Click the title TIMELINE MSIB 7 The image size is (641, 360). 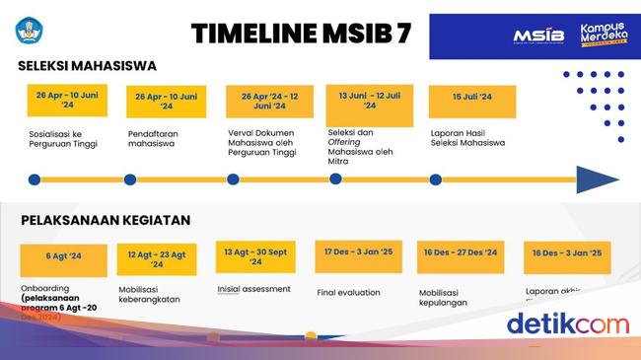(x=301, y=33)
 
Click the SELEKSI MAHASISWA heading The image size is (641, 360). (x=87, y=66)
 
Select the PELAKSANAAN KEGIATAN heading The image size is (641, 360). (x=106, y=220)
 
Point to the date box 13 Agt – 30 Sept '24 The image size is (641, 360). (x=255, y=256)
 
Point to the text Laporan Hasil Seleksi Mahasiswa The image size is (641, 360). (x=467, y=138)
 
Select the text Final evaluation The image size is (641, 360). (x=349, y=292)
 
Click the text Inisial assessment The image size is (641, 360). (x=253, y=289)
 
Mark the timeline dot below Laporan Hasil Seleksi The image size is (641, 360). (x=436, y=180)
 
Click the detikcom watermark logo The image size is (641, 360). (x=567, y=324)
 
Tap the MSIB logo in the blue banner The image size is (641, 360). (x=537, y=36)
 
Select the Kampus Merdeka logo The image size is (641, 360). (x=605, y=36)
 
